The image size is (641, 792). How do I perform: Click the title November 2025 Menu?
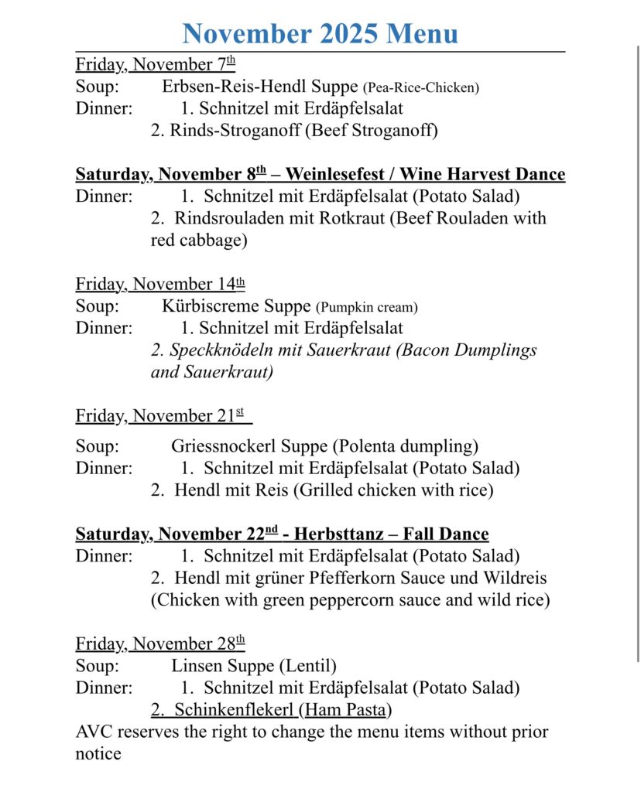(x=320, y=33)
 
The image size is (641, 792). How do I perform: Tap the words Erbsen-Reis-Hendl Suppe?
(x=259, y=87)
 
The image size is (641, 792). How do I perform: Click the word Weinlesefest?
(x=346, y=174)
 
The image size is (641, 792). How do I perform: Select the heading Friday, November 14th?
(x=159, y=285)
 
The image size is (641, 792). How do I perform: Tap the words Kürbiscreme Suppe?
(x=236, y=306)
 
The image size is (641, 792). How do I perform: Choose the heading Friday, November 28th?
(x=159, y=643)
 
